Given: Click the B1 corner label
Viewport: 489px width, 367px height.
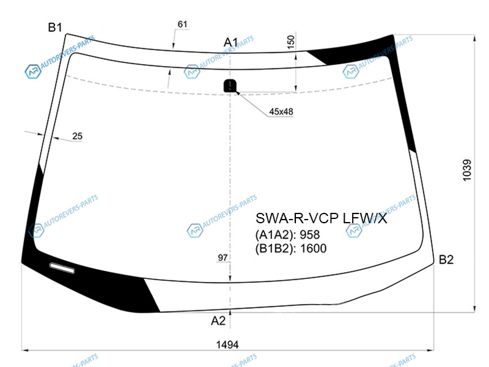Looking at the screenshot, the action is tap(55, 28).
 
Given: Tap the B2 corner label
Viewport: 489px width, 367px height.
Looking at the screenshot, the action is tap(446, 259).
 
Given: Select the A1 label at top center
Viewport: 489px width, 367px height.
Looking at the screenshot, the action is tap(231, 42).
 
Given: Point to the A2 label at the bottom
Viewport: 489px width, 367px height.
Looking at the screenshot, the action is tap(218, 321).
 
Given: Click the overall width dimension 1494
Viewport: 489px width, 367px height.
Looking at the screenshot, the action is tap(227, 344).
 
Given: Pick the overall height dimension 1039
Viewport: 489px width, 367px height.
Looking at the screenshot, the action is tap(467, 170).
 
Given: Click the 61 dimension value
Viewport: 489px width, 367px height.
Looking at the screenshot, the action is tap(182, 24).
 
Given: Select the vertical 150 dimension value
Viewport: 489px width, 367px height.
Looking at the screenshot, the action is tap(291, 42).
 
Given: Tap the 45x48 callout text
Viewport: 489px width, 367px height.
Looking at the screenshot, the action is tap(281, 111).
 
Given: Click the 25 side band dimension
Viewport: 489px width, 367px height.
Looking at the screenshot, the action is tap(78, 136).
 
